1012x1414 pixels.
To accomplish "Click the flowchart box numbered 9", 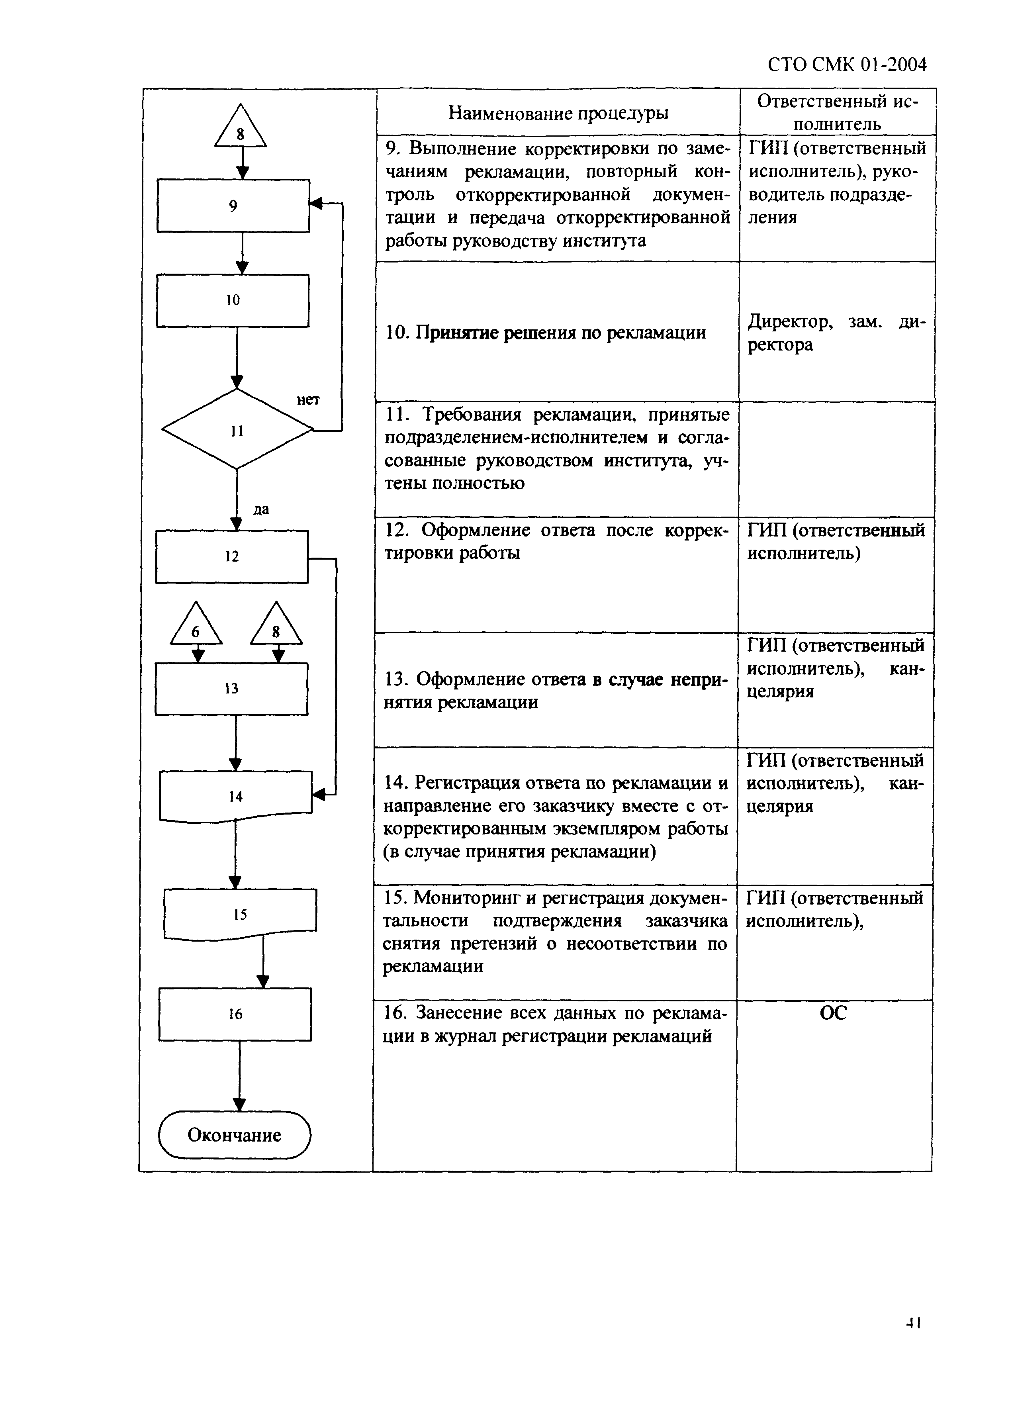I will [x=233, y=206].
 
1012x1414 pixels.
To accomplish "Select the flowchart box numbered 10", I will [x=233, y=300].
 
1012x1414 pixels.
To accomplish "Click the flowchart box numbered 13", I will [x=231, y=689].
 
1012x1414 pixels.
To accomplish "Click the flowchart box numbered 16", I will [x=235, y=1014].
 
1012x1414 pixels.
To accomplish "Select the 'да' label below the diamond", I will [x=261, y=510].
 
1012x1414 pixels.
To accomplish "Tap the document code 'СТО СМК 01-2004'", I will [x=847, y=64].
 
